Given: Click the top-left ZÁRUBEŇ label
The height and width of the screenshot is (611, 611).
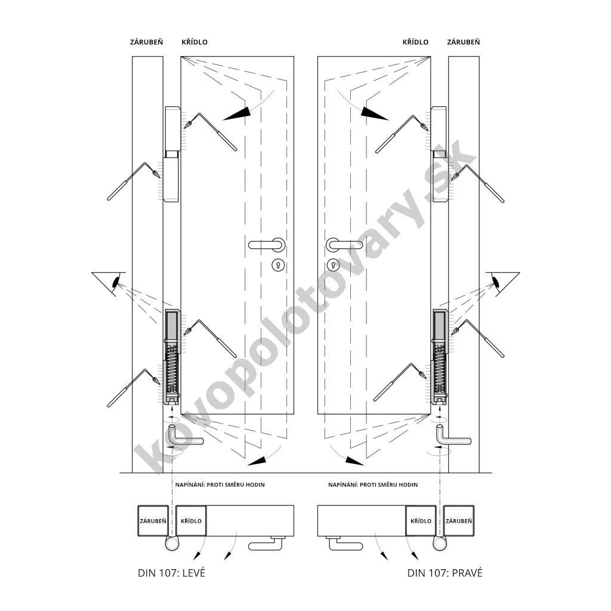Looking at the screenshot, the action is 147,42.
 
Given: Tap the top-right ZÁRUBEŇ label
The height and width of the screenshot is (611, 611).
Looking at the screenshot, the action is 463,42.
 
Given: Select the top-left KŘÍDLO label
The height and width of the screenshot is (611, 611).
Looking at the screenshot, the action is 195,42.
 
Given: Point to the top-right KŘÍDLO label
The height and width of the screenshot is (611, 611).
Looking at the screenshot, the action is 415,42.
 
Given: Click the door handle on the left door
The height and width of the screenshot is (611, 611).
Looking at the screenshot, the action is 267,245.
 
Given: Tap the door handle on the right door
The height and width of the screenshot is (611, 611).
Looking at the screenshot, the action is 344,245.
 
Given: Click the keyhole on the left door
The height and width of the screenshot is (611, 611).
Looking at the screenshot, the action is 278,265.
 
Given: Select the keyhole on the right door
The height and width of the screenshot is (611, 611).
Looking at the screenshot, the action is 333,265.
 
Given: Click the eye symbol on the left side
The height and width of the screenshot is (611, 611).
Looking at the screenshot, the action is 116,282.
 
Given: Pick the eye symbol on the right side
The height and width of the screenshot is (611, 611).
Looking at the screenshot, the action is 496,282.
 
